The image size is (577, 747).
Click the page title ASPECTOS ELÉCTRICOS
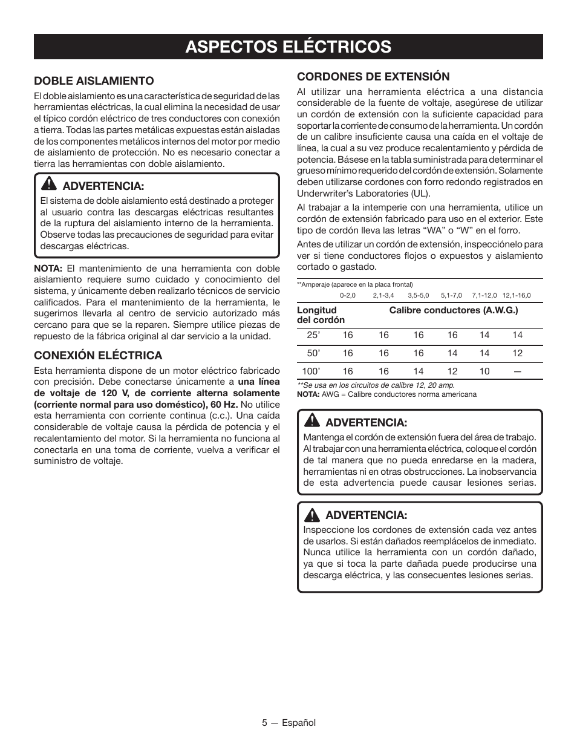coord(288,47)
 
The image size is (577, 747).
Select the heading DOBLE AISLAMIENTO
coord(94,80)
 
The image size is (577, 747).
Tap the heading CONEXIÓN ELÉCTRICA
coord(98,355)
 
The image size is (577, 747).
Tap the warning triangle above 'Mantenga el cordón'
coord(312,421)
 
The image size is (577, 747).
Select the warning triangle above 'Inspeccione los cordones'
coord(312,515)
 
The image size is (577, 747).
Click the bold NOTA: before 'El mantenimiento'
coord(48,268)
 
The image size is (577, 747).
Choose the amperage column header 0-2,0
coord(348,295)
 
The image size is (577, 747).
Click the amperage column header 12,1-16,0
coord(517,295)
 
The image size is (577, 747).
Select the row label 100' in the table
coord(310,371)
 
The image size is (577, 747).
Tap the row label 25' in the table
coord(312,335)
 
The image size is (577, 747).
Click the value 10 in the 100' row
coord(484,371)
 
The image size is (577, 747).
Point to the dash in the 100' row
coord(518,371)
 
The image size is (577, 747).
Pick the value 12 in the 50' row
coord(518,353)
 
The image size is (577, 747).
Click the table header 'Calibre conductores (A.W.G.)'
coord(454,310)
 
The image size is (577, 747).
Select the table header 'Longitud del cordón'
coord(321,315)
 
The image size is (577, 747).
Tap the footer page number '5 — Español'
coord(288,723)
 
